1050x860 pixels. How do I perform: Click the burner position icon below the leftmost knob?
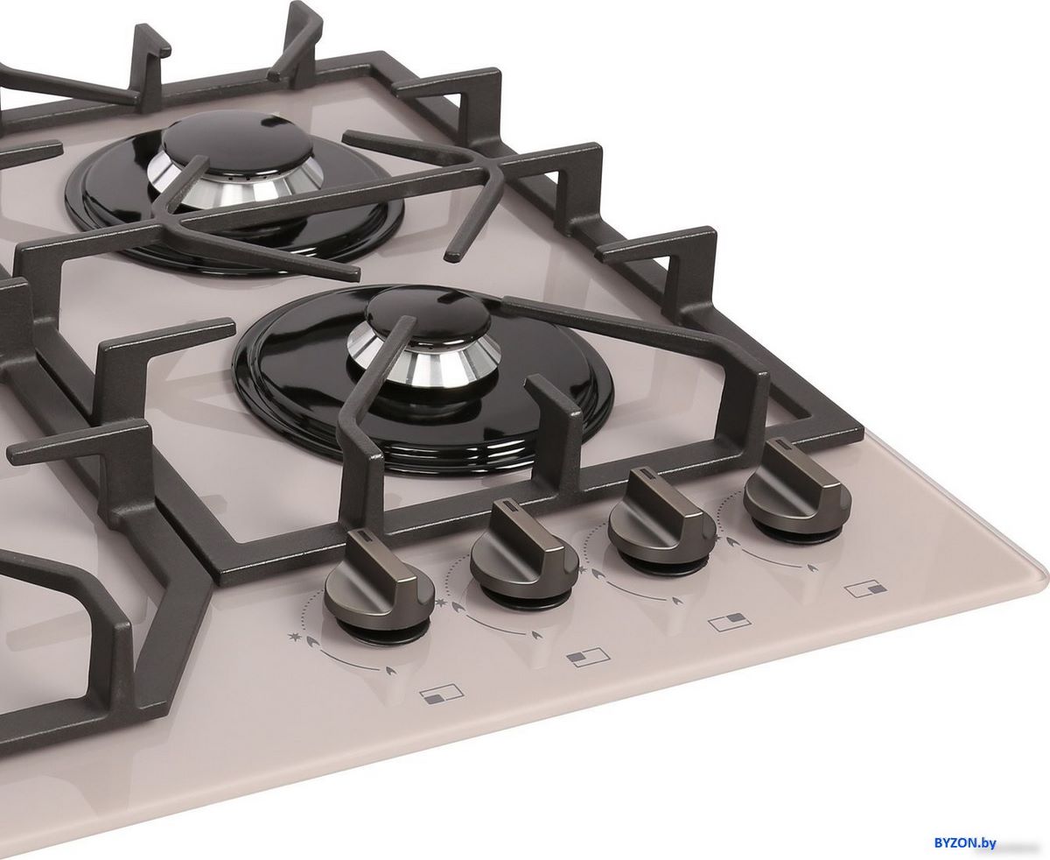pyautogui.click(x=442, y=694)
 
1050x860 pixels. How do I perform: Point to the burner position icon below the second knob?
pyautogui.click(x=588, y=657)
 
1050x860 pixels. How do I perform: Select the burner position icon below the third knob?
pyautogui.click(x=730, y=622)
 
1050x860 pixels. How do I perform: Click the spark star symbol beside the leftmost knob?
pyautogui.click(x=294, y=638)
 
